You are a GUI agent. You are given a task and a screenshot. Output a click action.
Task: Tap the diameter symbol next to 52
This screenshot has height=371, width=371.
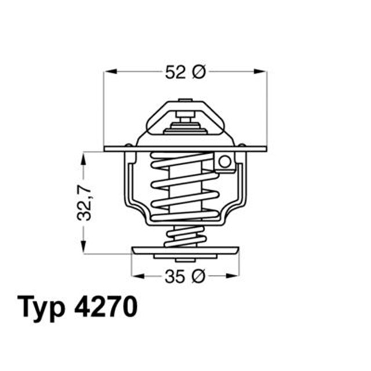pos(198,72)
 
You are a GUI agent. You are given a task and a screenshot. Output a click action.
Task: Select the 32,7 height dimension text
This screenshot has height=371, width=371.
pos(85,202)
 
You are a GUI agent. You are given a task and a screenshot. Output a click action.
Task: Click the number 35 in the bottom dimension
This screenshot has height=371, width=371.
pos(175,277)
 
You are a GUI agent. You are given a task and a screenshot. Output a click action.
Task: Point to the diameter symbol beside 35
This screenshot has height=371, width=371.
pos(198,277)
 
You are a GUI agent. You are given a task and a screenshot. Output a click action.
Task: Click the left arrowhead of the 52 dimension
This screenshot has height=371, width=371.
pos(109,72)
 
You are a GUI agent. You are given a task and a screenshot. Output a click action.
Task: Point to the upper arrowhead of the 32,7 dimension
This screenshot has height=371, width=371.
pos(85,157)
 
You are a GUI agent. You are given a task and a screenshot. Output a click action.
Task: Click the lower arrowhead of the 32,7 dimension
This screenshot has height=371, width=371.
pos(85,249)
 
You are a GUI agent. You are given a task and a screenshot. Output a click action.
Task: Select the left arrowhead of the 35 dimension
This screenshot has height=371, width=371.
pos(136,277)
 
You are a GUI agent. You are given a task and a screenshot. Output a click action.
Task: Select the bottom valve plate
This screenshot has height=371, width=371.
pos(185,251)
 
